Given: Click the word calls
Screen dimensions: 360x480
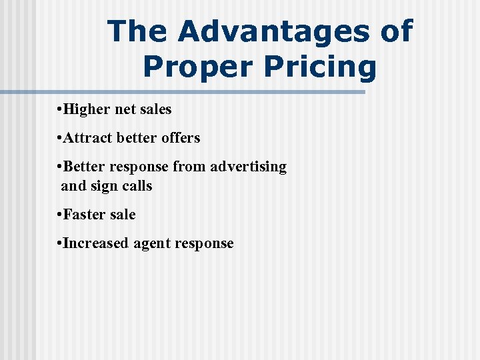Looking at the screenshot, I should click(137, 186).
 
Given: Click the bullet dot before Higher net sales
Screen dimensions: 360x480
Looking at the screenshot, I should click(59, 109).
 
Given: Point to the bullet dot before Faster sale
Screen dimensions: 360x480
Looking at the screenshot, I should click(59, 215).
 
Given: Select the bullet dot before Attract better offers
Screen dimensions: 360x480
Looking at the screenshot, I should click(59, 138).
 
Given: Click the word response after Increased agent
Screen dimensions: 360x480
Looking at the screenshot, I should click(203, 244).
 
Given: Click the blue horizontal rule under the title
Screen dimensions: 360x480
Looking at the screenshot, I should click(183, 92).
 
